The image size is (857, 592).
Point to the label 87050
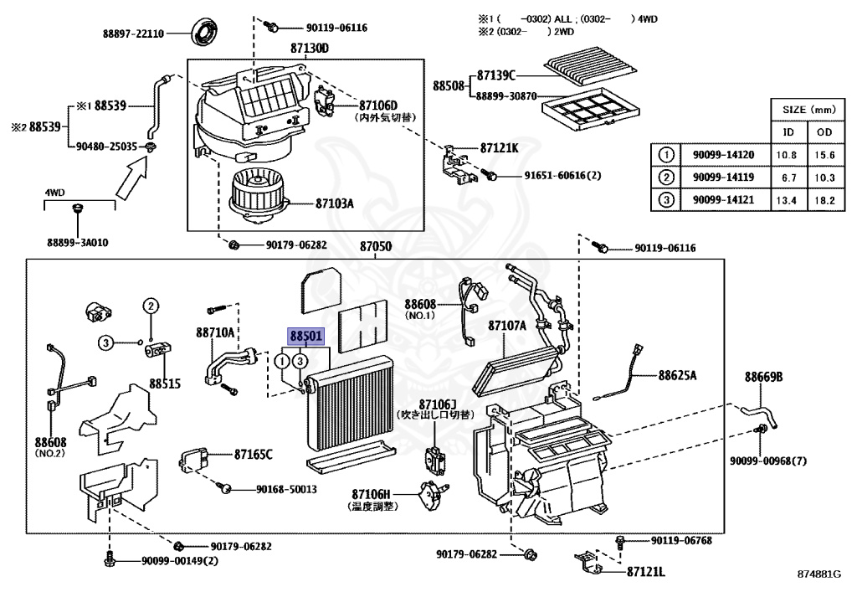pyautogui.click(x=376, y=248)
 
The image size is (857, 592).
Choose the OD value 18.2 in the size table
pyautogui.click(x=825, y=199)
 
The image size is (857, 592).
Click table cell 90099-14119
pyautogui.click(x=724, y=178)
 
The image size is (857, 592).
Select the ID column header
pyautogui.click(x=788, y=132)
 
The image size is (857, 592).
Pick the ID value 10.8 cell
pyautogui.click(x=788, y=155)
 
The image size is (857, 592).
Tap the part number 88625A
pyautogui.click(x=677, y=376)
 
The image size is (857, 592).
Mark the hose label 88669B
pyautogui.click(x=763, y=378)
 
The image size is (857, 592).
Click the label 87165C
pyautogui.click(x=254, y=454)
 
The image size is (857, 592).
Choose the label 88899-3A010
pyautogui.click(x=78, y=243)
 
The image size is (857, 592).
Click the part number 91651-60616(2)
pyautogui.click(x=552, y=176)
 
